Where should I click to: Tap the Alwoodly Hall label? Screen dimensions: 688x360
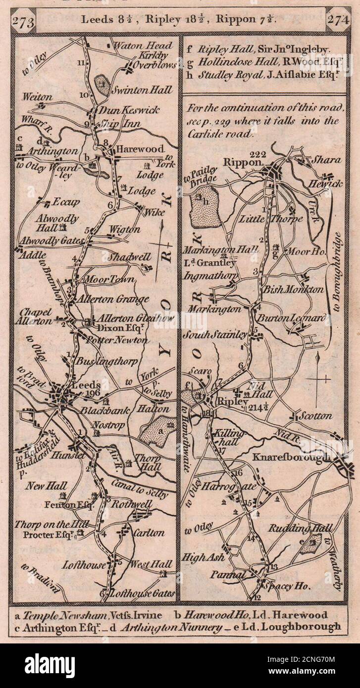coord(50,222)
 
